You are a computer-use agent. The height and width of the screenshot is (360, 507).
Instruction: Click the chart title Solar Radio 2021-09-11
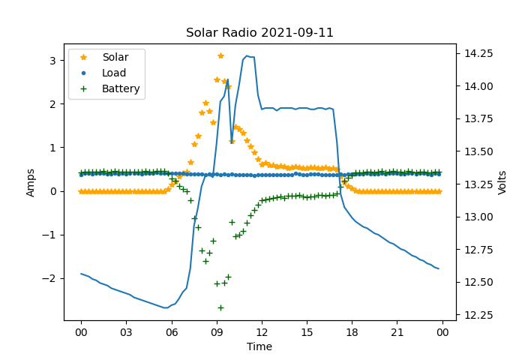(259, 33)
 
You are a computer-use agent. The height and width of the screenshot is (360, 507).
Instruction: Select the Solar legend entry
(115, 58)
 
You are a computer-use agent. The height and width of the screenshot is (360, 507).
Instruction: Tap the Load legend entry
(113, 73)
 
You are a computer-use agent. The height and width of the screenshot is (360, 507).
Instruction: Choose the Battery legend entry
(121, 88)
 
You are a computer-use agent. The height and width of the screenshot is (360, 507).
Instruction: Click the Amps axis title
(31, 182)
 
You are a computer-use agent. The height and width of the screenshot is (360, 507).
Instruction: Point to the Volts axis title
(502, 182)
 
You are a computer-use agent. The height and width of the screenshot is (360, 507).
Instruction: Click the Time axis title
(259, 346)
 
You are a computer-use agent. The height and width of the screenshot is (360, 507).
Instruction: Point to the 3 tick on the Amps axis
(53, 60)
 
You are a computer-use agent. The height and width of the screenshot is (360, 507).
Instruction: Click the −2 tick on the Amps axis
(50, 278)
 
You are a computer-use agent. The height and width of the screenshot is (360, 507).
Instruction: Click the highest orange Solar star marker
(220, 55)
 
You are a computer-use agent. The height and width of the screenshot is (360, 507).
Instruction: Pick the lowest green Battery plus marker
(220, 307)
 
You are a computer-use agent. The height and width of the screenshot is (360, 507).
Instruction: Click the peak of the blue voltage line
(247, 55)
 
